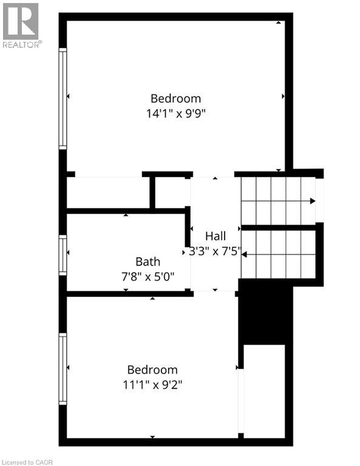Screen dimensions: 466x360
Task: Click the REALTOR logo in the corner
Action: coord(21,25)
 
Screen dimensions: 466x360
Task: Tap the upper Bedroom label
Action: coord(175,98)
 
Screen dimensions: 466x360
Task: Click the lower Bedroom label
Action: coord(152,370)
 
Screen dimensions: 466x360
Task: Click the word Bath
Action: coord(148,262)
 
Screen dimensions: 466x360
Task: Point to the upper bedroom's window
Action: coord(63,98)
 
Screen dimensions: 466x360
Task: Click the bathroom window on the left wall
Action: coord(63,255)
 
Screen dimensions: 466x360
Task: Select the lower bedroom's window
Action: coord(63,368)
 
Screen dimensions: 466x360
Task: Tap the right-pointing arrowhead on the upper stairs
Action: coord(312,201)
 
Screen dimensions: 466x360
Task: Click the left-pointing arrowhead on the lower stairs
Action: coord(244,254)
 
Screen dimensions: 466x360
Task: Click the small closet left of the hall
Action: coord(107,192)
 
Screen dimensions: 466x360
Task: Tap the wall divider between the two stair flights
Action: coord(279,228)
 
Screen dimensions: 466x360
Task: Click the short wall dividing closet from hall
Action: coord(152,192)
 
